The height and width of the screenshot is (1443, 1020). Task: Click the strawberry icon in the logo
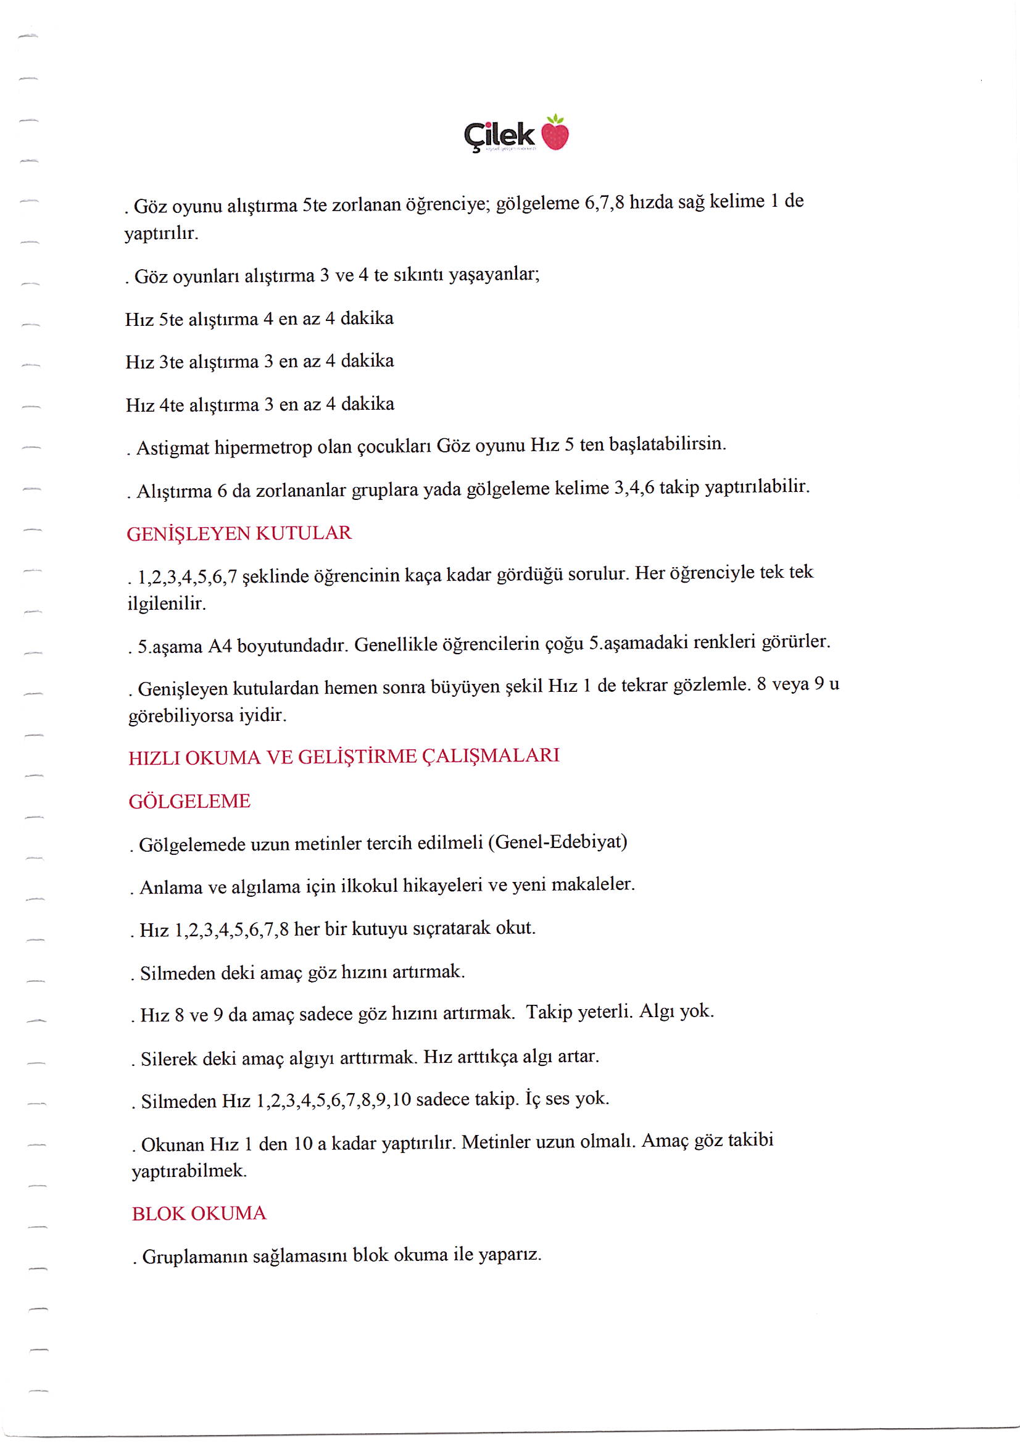pyautogui.click(x=554, y=135)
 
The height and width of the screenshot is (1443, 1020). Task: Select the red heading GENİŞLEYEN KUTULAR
pyautogui.click(x=239, y=534)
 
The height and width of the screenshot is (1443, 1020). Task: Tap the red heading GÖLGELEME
pyautogui.click(x=189, y=801)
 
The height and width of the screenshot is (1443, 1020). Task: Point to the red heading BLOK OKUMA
pyautogui.click(x=199, y=1213)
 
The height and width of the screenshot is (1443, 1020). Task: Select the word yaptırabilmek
pyautogui.click(x=189, y=1171)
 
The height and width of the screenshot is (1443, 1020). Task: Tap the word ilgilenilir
pyautogui.click(x=167, y=604)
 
